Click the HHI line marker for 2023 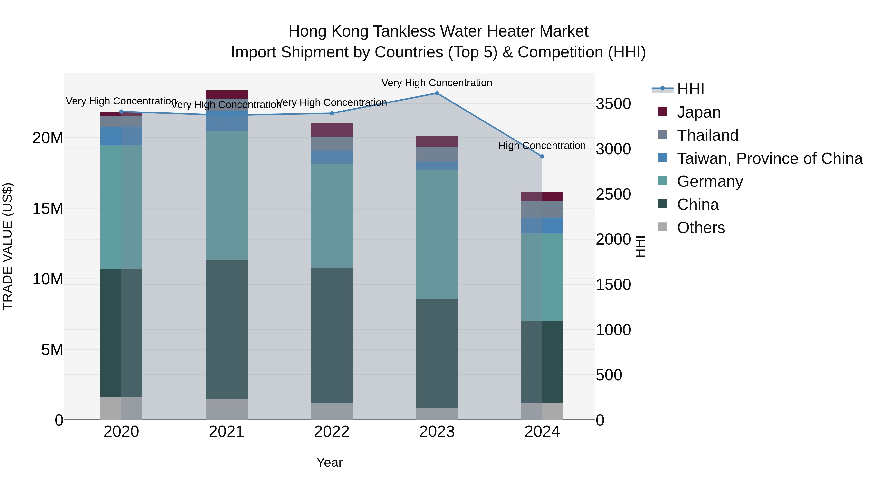(x=437, y=93)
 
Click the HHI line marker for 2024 (x=542, y=157)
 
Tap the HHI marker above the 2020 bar (x=121, y=112)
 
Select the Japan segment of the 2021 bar (x=226, y=94)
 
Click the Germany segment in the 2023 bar (x=437, y=234)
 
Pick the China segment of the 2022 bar (x=332, y=335)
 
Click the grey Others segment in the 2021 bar (x=226, y=409)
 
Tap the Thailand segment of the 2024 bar (x=542, y=209)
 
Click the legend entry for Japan (x=699, y=112)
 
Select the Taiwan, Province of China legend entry (x=769, y=158)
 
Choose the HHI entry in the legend (x=690, y=89)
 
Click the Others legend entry (x=701, y=228)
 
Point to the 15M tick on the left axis (x=48, y=208)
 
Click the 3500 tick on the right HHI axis (x=613, y=104)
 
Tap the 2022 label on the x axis (x=332, y=432)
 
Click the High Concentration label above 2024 (x=542, y=146)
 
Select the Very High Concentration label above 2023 (x=437, y=83)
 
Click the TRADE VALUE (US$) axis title (x=8, y=246)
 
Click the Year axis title (x=329, y=462)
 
